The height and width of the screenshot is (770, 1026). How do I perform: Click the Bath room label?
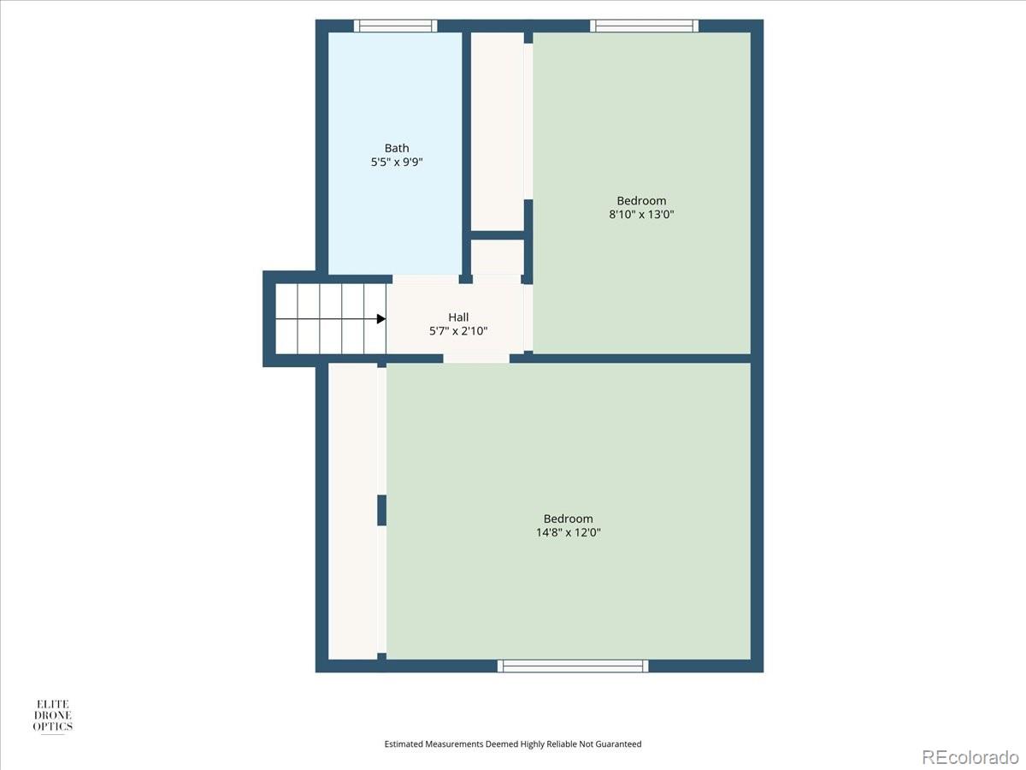tap(397, 148)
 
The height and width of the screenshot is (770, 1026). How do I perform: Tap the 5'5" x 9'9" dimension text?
tap(397, 161)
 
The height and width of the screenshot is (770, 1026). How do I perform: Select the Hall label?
tap(458, 317)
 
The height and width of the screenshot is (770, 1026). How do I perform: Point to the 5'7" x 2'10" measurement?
tap(458, 331)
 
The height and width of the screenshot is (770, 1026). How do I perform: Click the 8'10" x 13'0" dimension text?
tap(641, 215)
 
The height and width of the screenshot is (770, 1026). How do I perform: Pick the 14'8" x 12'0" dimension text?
tap(568, 532)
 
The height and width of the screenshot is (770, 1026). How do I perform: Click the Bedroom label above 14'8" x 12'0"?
tap(568, 518)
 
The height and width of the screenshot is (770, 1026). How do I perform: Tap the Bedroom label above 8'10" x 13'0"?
tap(641, 201)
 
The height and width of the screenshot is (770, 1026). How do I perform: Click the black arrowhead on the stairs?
tap(381, 319)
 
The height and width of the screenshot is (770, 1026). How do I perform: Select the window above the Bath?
tap(396, 26)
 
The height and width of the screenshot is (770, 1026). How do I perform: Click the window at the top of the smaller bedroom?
tap(646, 26)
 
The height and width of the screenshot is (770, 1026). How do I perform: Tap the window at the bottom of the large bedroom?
tap(573, 666)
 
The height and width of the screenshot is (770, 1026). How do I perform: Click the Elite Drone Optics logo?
tap(52, 716)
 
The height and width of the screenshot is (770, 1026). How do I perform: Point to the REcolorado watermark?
tap(970, 756)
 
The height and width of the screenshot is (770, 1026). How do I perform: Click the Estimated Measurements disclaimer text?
tap(513, 744)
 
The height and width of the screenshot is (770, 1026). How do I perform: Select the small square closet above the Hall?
tap(498, 257)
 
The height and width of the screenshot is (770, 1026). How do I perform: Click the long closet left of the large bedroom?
tap(353, 511)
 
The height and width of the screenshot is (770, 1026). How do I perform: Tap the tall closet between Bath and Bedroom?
tap(498, 130)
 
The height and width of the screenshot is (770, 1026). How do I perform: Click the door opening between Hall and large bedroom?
tap(476, 358)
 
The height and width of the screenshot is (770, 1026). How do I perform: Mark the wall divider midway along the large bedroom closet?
tap(381, 510)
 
